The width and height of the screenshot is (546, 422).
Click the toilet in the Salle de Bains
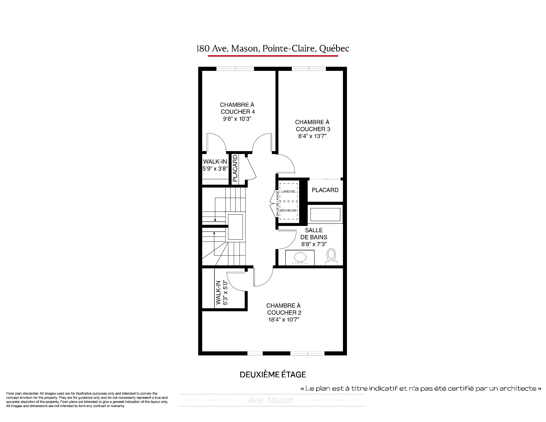(331, 257)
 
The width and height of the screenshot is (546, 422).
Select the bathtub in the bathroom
(325, 215)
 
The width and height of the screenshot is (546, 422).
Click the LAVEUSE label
(288, 192)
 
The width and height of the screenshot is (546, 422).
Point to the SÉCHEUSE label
(288, 211)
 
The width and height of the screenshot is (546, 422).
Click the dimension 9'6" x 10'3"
(237, 119)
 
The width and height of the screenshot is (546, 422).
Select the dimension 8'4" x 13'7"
(312, 136)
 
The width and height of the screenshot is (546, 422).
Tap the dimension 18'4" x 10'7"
(284, 320)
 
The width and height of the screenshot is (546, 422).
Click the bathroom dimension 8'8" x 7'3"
(314, 244)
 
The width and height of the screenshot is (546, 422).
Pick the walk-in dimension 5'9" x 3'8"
(215, 169)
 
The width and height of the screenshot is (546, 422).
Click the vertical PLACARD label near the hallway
(235, 168)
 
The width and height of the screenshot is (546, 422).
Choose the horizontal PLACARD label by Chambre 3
(325, 190)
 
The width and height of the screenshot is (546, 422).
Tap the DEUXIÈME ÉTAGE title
(273, 375)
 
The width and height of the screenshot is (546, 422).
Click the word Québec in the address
(334, 49)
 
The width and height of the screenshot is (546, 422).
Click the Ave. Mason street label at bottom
(271, 400)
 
